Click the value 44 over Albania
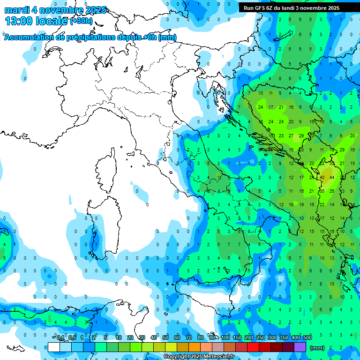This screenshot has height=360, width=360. (332, 178)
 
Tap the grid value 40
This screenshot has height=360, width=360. (322, 178)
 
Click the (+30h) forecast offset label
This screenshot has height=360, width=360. (81, 21)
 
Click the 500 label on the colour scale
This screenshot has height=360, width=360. (307, 337)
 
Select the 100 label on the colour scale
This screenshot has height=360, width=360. (225, 337)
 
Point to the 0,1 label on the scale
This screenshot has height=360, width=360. (60, 337)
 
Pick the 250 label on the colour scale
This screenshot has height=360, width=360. (261, 337)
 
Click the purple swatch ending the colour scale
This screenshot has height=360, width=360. (300, 347)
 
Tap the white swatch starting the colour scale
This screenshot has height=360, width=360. (54, 347)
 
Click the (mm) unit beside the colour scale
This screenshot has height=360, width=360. (317, 348)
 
